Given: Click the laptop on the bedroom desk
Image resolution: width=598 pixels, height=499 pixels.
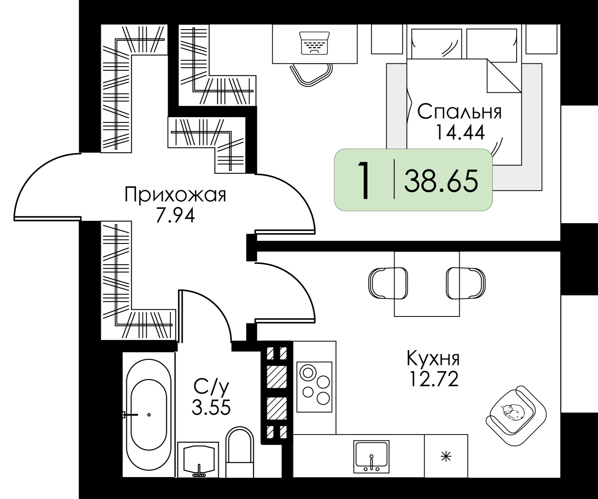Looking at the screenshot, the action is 314,43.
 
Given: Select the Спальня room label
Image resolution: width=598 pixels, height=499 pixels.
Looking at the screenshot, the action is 459,112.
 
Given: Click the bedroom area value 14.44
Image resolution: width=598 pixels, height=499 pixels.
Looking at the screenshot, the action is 460,132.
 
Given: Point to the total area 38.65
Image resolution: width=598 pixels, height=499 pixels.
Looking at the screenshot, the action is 441,181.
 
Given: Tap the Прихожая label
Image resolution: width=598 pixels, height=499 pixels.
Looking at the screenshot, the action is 175,195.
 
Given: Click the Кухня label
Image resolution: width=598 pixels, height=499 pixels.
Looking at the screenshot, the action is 433,359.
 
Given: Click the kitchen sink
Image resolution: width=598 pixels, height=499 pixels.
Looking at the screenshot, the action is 371,457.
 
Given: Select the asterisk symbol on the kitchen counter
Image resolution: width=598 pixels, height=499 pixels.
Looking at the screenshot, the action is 446,456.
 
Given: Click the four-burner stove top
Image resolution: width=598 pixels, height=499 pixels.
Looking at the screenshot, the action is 314,387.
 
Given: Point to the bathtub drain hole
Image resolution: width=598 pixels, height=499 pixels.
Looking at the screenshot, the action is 149,415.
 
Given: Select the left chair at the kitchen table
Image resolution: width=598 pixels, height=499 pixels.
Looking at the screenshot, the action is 388,283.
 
